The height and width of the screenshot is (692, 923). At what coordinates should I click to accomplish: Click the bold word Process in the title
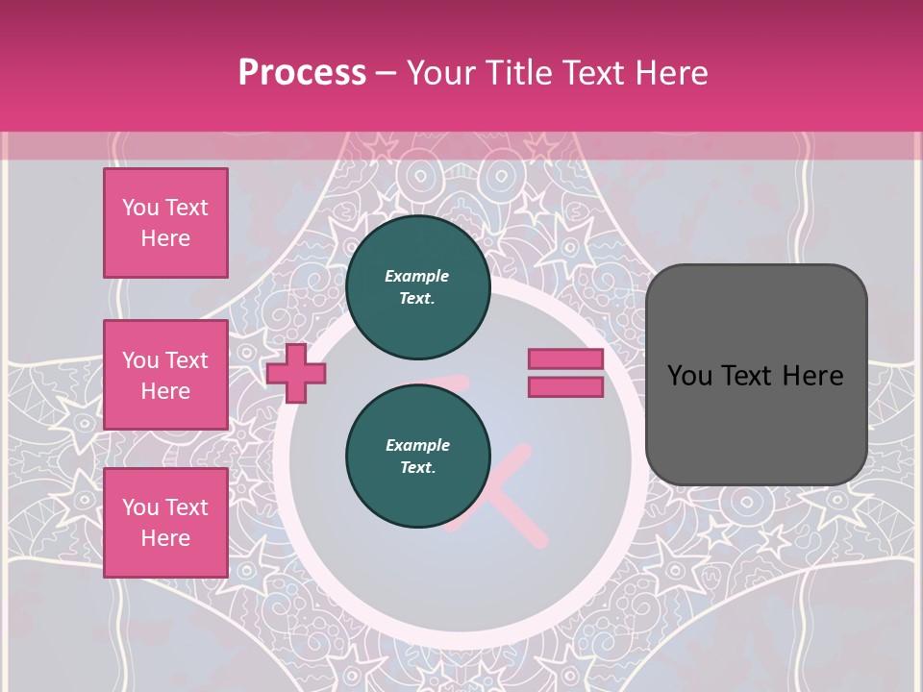[302, 72]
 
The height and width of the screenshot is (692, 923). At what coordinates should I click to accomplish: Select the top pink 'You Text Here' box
[165, 223]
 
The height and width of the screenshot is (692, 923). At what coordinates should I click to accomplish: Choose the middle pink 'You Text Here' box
[165, 375]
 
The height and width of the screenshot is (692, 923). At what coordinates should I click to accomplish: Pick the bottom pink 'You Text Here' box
[165, 522]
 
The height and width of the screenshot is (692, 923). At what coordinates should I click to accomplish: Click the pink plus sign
[296, 373]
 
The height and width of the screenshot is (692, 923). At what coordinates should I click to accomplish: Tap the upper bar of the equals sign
[565, 359]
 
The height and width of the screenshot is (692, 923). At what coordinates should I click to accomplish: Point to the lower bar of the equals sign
[565, 386]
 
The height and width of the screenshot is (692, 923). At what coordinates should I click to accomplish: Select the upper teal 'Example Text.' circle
[417, 287]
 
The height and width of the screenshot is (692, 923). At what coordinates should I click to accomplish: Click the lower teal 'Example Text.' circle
[417, 457]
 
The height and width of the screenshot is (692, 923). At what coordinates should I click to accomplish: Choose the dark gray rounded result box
[756, 374]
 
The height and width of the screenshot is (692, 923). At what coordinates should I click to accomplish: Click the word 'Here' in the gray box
[812, 376]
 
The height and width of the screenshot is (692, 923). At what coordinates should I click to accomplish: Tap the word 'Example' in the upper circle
[416, 276]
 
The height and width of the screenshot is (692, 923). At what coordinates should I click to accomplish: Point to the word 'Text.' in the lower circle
[417, 468]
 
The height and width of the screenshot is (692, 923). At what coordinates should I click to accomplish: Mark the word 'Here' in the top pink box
[165, 238]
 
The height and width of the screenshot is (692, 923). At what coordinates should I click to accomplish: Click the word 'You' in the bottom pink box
[140, 507]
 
